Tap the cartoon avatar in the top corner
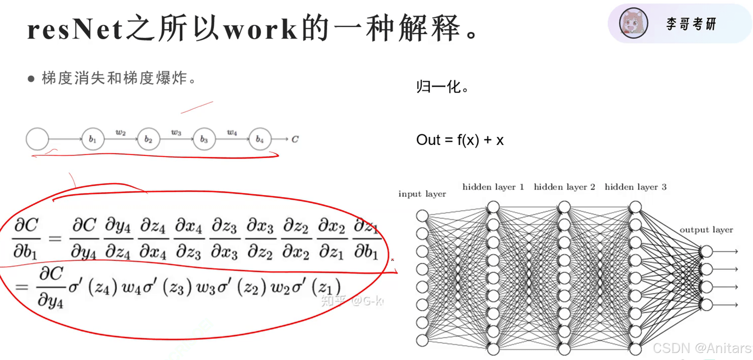click(x=633, y=23)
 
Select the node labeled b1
click(x=93, y=139)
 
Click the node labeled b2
click(x=148, y=139)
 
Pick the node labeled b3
click(x=204, y=139)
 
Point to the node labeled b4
click(x=260, y=139)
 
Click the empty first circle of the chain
click(x=37, y=139)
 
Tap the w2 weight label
click(x=121, y=132)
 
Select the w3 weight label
click(x=176, y=132)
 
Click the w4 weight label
click(x=232, y=132)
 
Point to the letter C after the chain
click(x=295, y=139)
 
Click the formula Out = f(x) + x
click(x=460, y=140)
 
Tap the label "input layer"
click(x=422, y=194)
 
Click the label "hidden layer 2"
click(x=564, y=187)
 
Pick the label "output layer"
click(x=706, y=230)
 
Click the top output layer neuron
click(x=707, y=251)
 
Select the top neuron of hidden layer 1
click(x=493, y=207)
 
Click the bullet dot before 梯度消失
click(x=31, y=79)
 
